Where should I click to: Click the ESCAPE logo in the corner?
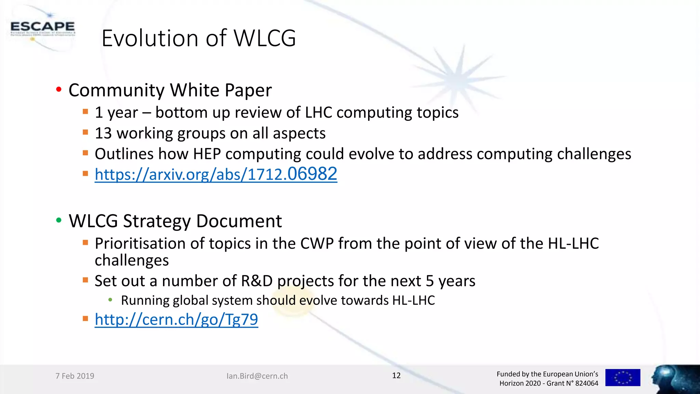[x=42, y=28]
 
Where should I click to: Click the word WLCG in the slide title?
[x=265, y=38]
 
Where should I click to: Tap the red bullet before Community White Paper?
[x=59, y=90]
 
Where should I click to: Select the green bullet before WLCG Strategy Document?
[x=59, y=221]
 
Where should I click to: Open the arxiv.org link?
[x=216, y=174]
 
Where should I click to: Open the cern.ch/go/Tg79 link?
[x=176, y=319]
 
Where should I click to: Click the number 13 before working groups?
[x=103, y=133]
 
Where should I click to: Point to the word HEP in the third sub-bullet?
[x=207, y=154]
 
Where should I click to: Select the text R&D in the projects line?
[x=257, y=281]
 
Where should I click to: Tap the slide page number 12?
[x=396, y=376]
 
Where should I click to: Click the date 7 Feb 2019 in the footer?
[x=75, y=376]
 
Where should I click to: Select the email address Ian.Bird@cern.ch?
[x=257, y=376]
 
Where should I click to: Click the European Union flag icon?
[x=622, y=378]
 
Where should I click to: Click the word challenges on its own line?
[x=132, y=261]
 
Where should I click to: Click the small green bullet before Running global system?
[x=110, y=300]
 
